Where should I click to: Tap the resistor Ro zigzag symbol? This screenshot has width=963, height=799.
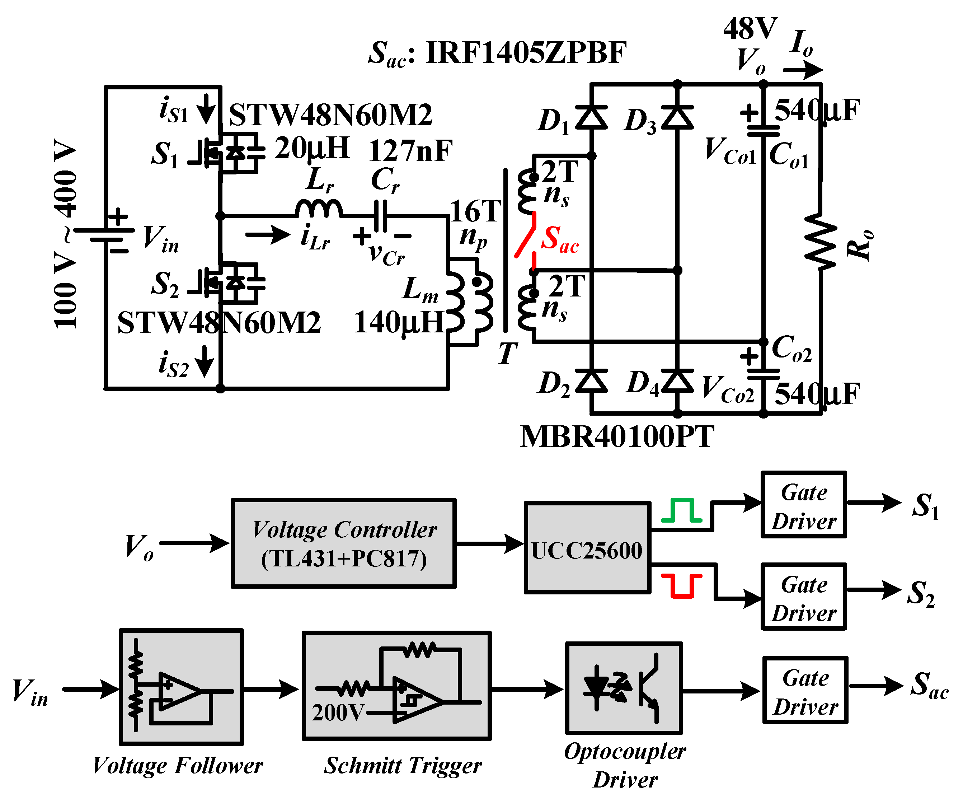point(821,241)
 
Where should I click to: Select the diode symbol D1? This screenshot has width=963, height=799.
point(592,117)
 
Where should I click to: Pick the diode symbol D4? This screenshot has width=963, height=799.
point(677,381)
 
